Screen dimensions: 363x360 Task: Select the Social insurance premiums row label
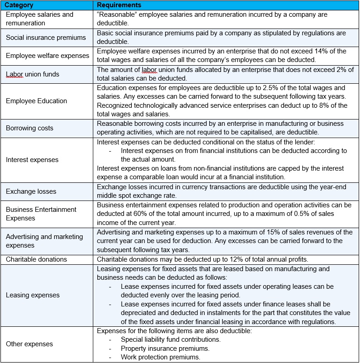pyautogui.click(x=45, y=37)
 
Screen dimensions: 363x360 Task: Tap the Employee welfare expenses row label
pyautogui.click(x=48, y=56)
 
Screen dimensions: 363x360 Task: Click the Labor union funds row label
pyautogui.click(x=32, y=74)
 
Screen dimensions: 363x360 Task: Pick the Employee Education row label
pyautogui.click(x=36, y=101)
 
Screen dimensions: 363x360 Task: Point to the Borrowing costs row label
pyautogui.click(x=29, y=128)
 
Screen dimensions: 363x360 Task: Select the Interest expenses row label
pyautogui.click(x=32, y=159)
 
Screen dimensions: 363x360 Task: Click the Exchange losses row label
pyautogui.click(x=31, y=191)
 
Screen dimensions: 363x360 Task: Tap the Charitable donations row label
pyautogui.click(x=36, y=259)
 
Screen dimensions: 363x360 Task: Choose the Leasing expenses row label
pyautogui.click(x=33, y=295)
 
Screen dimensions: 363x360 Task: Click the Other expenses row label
pyautogui.click(x=29, y=344)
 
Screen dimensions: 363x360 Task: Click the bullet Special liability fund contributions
pyautogui.click(x=171, y=339)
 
